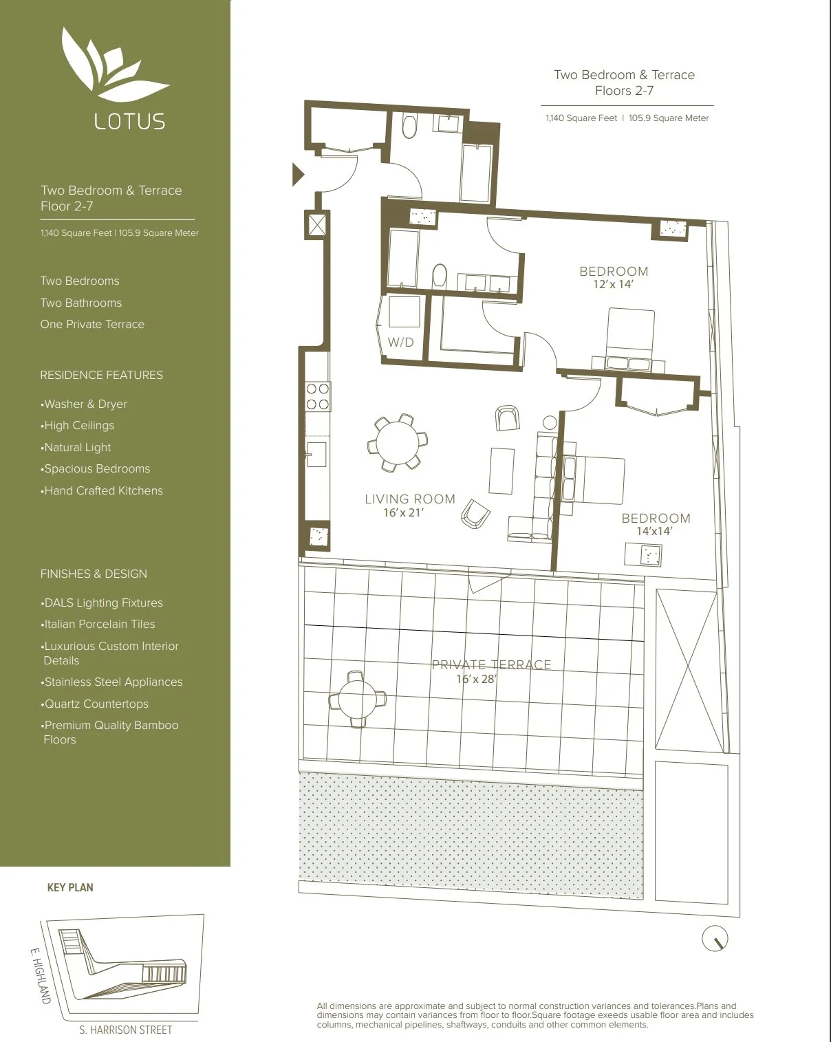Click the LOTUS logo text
(x=130, y=121)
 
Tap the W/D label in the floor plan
(x=401, y=343)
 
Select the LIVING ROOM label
(x=410, y=499)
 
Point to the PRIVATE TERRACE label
(x=491, y=665)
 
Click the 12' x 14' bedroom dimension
(x=613, y=284)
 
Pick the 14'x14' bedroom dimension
(x=654, y=531)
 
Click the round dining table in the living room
(x=397, y=442)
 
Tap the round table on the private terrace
(x=358, y=699)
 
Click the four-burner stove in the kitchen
(x=318, y=396)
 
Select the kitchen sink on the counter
(x=316, y=454)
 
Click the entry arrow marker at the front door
(x=298, y=174)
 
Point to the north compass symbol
(x=715, y=938)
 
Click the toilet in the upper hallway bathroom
(x=410, y=127)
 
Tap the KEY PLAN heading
(x=70, y=887)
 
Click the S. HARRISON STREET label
(x=125, y=1030)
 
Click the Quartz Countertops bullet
(x=94, y=704)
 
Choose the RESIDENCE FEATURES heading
(x=102, y=375)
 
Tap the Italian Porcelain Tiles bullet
(x=98, y=624)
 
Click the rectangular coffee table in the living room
(x=501, y=470)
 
